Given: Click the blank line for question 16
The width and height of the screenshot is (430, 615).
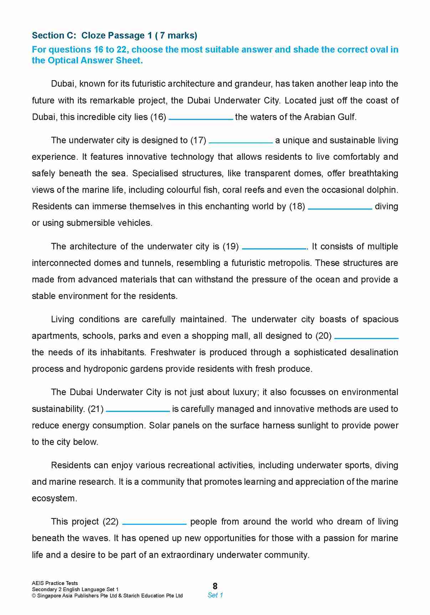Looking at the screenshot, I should coord(201,119).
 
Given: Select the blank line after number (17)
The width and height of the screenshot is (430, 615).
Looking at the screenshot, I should coord(241,142).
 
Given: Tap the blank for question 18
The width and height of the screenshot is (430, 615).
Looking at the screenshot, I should coord(340,208).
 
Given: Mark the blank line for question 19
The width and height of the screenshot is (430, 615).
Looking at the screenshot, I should coord(274,248).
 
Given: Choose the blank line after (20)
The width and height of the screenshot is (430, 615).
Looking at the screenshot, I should coord(366,338).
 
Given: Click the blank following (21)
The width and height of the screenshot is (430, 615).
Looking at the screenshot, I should coord(138,411).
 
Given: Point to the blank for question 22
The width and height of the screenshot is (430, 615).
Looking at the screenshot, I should coord(154,523).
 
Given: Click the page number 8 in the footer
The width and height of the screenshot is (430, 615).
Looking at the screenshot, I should coord(215,586).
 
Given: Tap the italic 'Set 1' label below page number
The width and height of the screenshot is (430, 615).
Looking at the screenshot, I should coord(215,595).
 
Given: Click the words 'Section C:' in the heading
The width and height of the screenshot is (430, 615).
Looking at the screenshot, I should coord(54,35).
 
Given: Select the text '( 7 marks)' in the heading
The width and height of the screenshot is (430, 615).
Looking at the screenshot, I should coord(176,35).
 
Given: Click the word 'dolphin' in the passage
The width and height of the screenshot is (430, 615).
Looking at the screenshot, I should coord(383,190).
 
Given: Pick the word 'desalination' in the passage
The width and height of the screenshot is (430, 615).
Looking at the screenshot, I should coord(374,352).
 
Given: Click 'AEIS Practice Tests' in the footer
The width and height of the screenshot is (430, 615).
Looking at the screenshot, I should coord(55,583).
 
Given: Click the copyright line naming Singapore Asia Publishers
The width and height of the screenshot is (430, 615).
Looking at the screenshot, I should coord(107,595).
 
